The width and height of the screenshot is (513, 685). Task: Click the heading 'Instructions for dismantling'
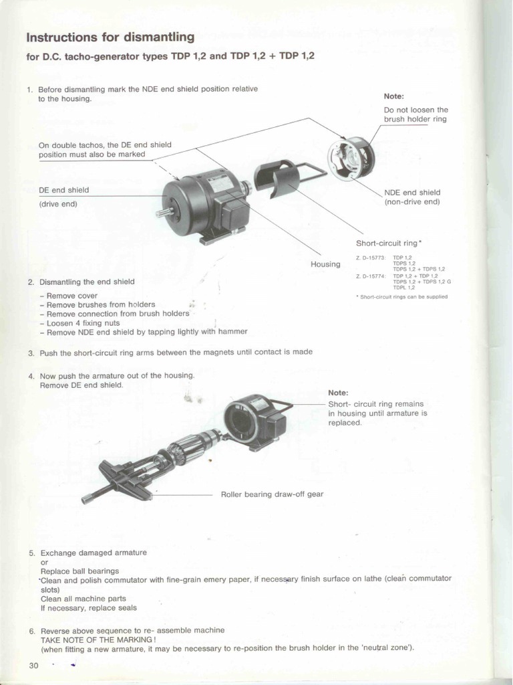110,37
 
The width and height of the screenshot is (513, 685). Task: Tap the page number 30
34,665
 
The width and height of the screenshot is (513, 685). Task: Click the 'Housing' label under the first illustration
325,264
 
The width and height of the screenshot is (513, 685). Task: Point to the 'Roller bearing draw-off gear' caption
272,494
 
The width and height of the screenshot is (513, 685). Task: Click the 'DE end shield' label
63,190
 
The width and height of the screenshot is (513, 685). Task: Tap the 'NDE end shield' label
412,193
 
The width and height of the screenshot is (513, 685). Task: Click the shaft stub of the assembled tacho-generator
160,213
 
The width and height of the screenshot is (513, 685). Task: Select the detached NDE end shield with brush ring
351,158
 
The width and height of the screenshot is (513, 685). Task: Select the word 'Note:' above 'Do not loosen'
394,96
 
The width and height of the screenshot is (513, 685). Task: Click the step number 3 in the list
31,352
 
